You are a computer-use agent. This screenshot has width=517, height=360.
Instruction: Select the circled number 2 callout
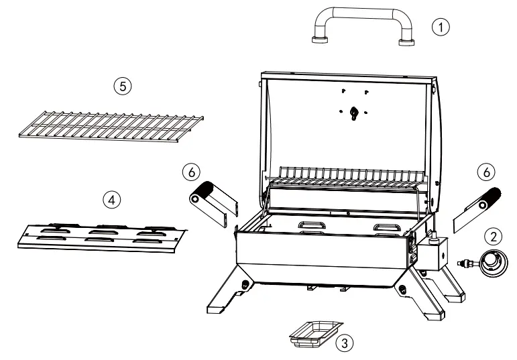494,236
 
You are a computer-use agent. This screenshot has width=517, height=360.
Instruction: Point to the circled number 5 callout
122,86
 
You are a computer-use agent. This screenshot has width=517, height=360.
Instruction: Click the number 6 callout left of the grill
192,172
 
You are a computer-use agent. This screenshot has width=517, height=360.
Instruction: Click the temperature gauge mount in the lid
354,113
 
